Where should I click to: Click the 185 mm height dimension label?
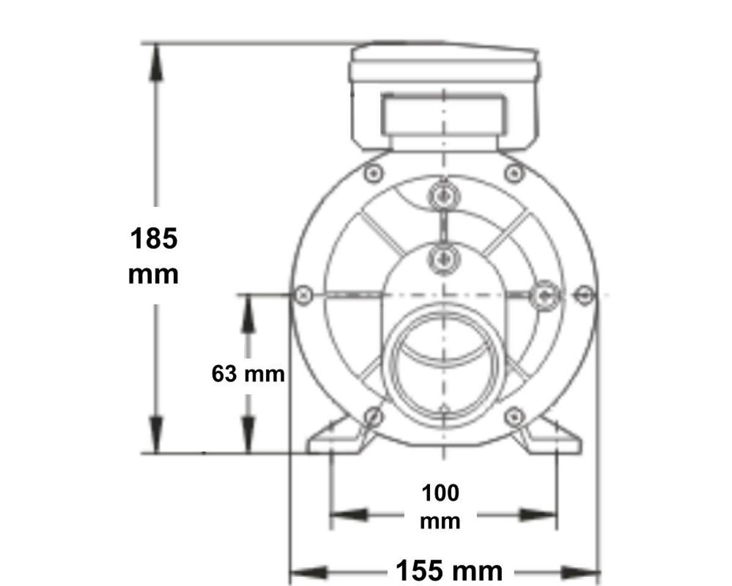click(154, 256)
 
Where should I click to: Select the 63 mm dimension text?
click(248, 374)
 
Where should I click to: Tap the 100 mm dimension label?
click(440, 507)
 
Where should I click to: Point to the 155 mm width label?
click(450, 572)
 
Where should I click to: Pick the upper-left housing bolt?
click(373, 174)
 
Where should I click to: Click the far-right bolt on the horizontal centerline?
click(584, 295)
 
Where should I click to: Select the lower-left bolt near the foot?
click(373, 416)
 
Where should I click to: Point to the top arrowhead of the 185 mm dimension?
click(156, 61)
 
